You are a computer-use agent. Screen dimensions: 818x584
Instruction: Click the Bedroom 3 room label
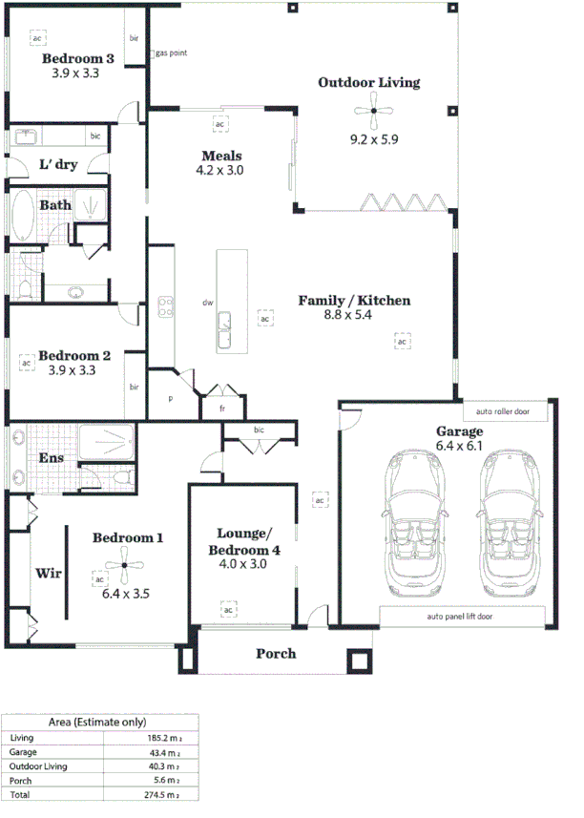78,59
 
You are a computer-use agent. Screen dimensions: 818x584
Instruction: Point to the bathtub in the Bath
22,216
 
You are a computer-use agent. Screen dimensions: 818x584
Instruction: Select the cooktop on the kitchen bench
165,306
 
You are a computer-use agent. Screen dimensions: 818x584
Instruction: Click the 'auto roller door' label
505,412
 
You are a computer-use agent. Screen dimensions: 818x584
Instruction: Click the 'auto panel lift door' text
459,617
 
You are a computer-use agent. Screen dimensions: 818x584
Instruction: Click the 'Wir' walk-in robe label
49,574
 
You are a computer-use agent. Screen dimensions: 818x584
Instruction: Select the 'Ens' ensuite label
51,458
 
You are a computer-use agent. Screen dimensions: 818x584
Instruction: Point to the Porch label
276,654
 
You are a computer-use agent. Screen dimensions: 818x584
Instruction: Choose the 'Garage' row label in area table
24,752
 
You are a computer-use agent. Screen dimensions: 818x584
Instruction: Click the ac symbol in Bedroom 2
27,363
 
